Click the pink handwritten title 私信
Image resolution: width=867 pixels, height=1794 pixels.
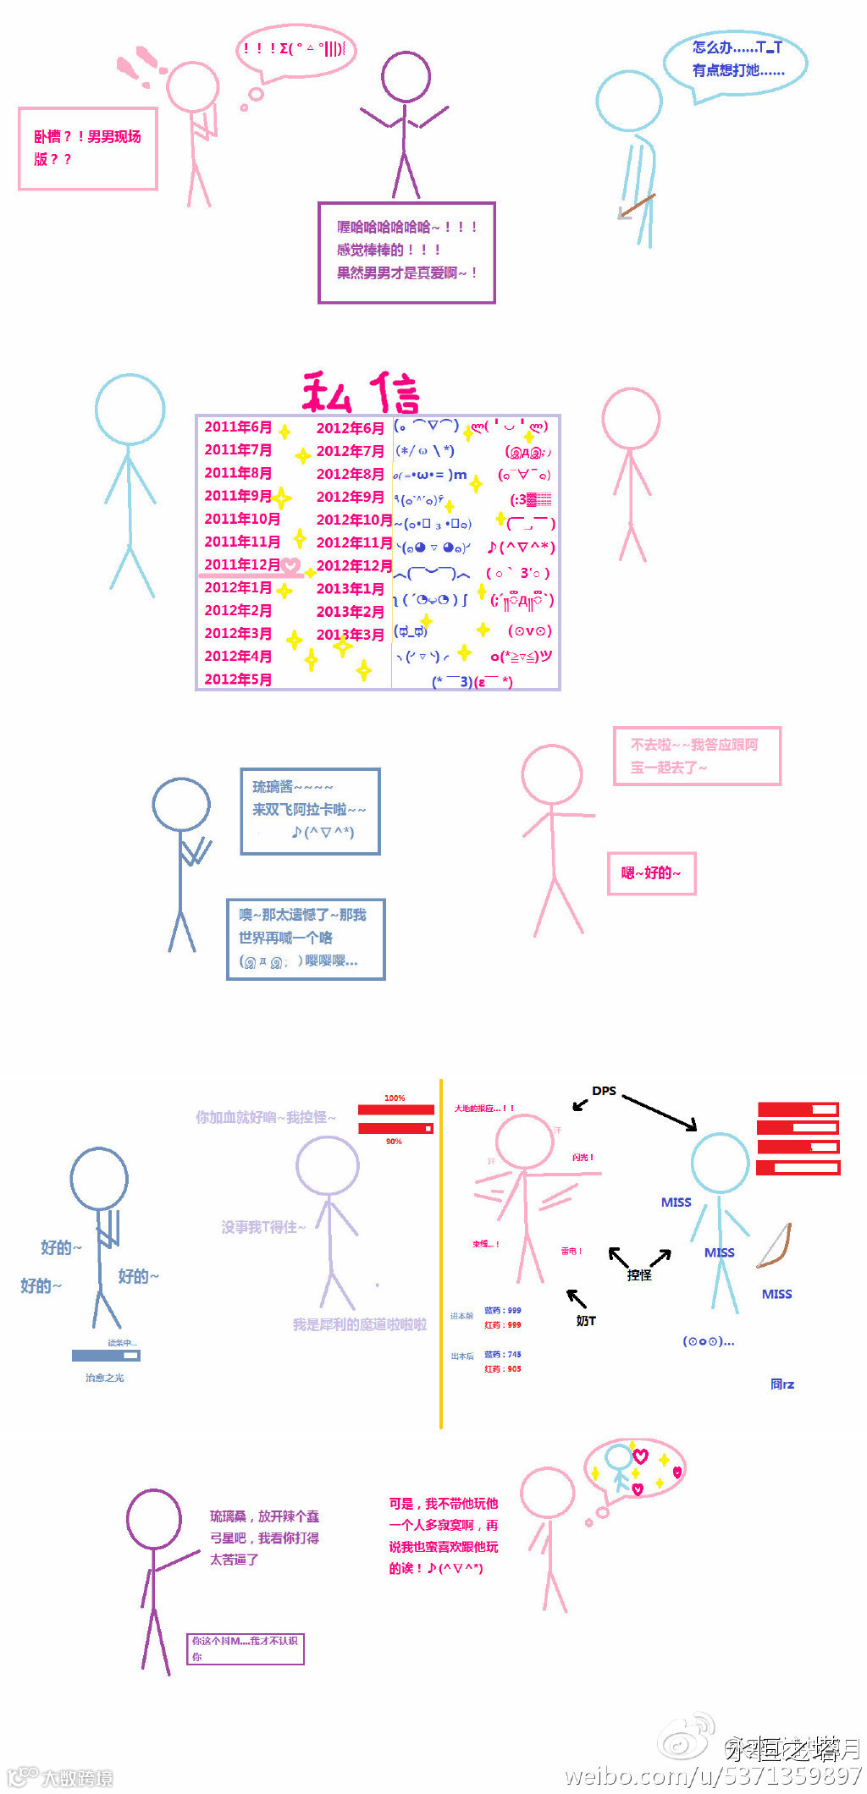pos(362,392)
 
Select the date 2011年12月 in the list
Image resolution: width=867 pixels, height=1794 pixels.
pos(242,564)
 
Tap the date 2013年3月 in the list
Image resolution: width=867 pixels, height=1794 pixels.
pos(350,634)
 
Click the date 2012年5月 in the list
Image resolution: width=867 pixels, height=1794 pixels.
pos(238,679)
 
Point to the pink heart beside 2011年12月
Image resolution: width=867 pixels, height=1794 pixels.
pos(291,565)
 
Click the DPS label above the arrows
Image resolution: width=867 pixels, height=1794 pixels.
pos(604,1091)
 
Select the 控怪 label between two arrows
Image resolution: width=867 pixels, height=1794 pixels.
pos(639,1274)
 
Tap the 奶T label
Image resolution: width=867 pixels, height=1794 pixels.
pos(586,1320)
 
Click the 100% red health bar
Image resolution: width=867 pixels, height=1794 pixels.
pos(395,1109)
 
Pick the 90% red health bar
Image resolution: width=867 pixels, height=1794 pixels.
pos(395,1128)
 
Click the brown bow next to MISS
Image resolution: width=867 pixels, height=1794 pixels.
pos(776,1246)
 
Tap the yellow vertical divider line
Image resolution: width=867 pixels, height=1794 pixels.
pos(441,1252)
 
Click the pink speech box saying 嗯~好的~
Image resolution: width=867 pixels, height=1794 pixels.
pos(652,872)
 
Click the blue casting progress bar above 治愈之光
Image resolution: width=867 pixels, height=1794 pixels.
pos(106,1355)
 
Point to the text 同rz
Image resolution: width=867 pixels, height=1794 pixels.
pos(782,1384)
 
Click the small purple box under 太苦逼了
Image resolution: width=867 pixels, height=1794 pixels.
pos(246,1648)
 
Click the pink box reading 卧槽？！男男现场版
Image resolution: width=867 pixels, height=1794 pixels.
pos(88,148)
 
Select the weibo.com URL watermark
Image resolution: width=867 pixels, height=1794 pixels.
pos(713,1775)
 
